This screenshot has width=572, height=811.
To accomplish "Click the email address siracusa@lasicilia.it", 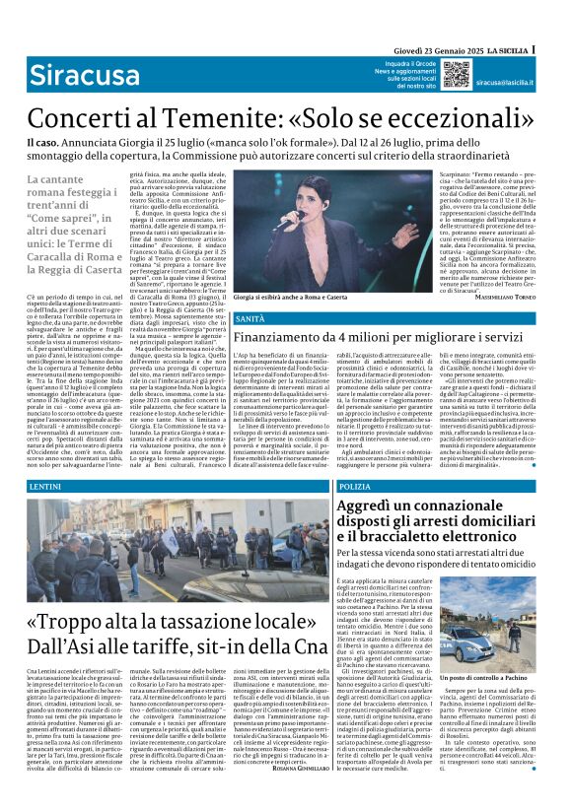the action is [507, 84].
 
